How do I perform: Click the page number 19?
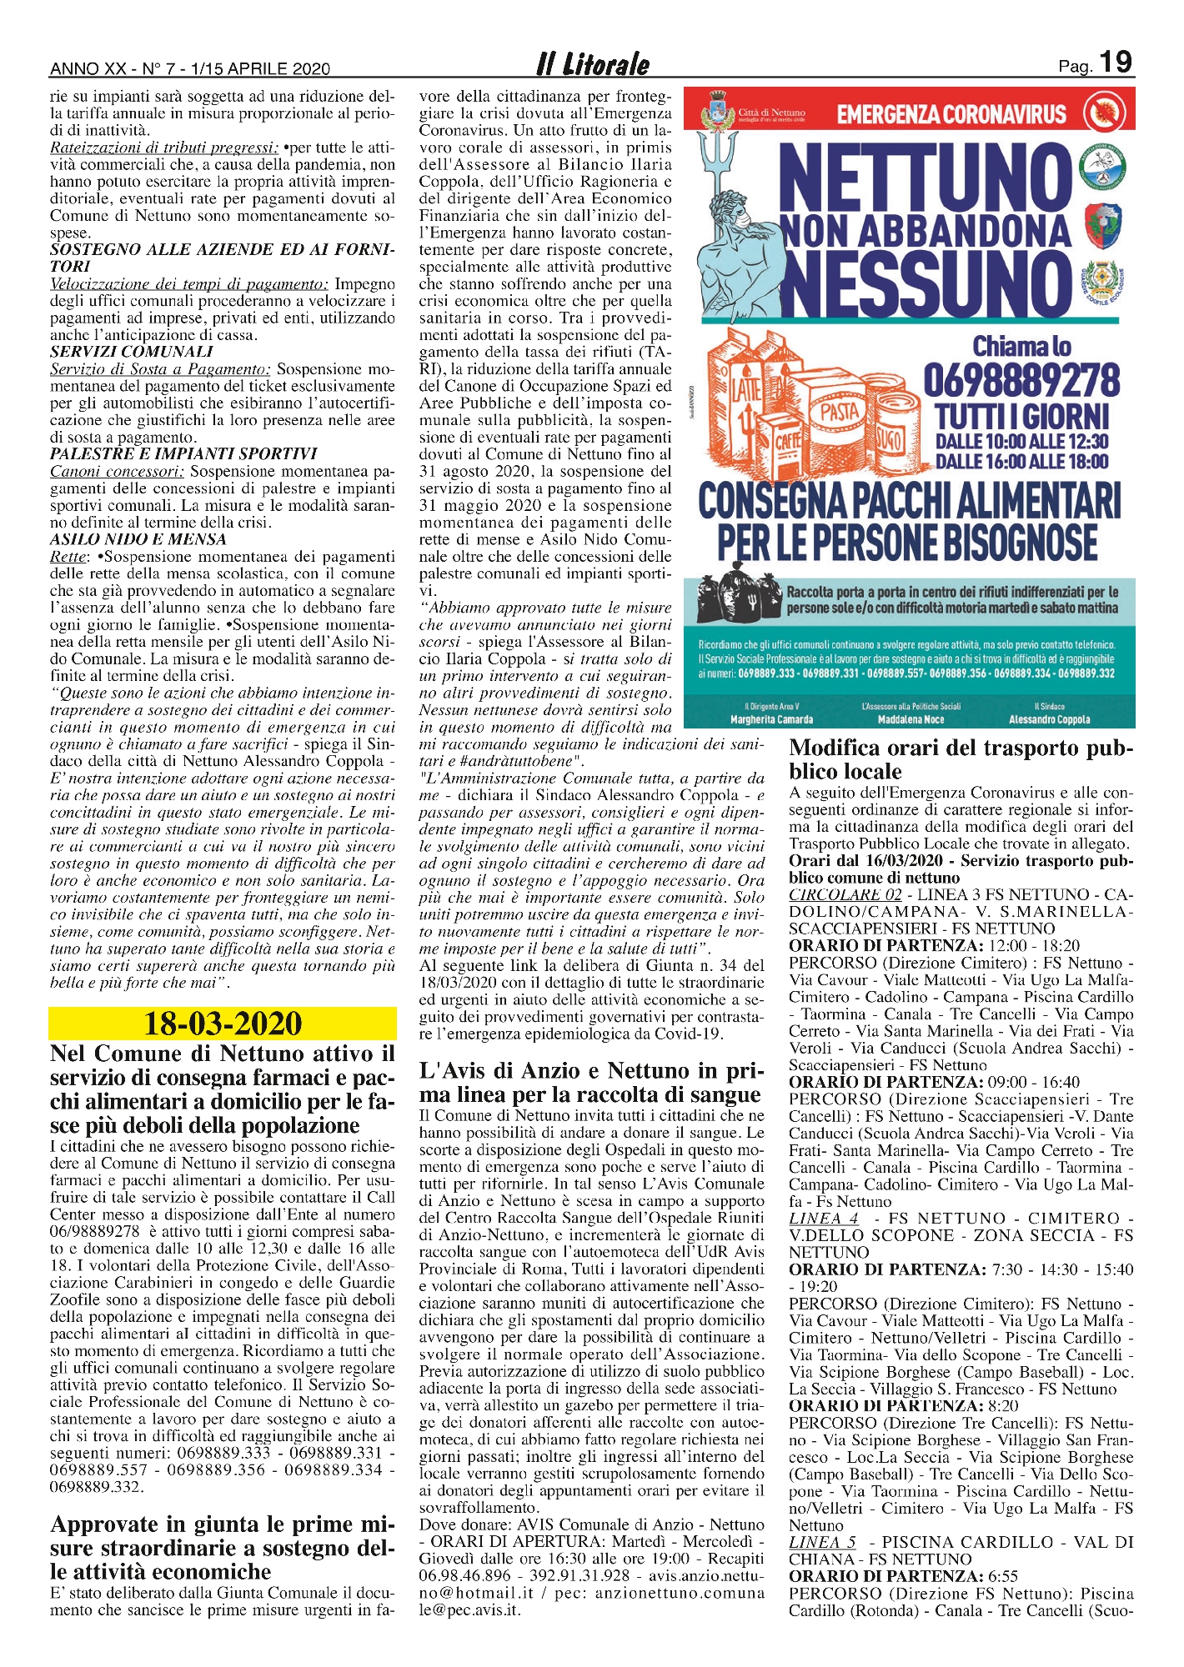coord(1116,63)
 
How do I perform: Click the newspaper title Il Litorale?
coord(593,64)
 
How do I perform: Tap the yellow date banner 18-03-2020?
coord(223,1023)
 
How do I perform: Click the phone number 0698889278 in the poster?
coord(1021,381)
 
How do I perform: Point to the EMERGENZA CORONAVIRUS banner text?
coord(951,114)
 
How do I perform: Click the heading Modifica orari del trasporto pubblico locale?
coord(961,759)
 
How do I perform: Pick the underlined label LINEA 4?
coord(823,1218)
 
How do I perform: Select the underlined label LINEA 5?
coord(822,1542)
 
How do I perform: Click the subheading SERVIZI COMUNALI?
coord(132,352)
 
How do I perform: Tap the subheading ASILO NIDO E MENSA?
coord(138,539)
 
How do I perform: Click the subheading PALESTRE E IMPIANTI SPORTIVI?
coord(183,453)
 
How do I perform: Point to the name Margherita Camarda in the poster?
coord(771,719)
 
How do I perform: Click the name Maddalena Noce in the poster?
coord(911,719)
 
